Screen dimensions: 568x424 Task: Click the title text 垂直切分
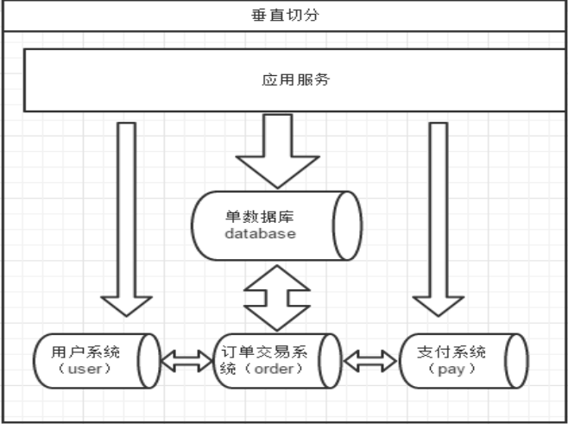[285, 16]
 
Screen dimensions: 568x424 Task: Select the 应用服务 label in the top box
[295, 79]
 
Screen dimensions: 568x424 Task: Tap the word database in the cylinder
[260, 233]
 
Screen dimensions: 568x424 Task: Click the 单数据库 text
[259, 217]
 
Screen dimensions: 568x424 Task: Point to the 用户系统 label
[85, 351]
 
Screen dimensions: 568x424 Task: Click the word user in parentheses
[85, 369]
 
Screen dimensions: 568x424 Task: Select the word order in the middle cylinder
[274, 369]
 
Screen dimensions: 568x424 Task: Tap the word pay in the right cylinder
[451, 370]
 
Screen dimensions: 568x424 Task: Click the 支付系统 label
[451, 351]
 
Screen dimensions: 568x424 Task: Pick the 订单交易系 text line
[264, 351]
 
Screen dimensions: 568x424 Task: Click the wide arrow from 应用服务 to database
[277, 151]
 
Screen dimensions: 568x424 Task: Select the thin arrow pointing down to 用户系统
[126, 219]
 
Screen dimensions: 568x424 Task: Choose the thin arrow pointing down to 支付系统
[439, 219]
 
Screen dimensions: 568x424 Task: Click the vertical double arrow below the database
[277, 298]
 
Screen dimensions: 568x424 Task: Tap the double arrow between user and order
[186, 361]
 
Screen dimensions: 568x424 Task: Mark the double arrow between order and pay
[370, 361]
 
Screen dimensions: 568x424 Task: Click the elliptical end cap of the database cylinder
[347, 225]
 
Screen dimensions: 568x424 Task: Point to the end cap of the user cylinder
[148, 361]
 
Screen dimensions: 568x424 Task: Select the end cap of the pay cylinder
[516, 361]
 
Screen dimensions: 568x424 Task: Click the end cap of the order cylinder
[330, 361]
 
